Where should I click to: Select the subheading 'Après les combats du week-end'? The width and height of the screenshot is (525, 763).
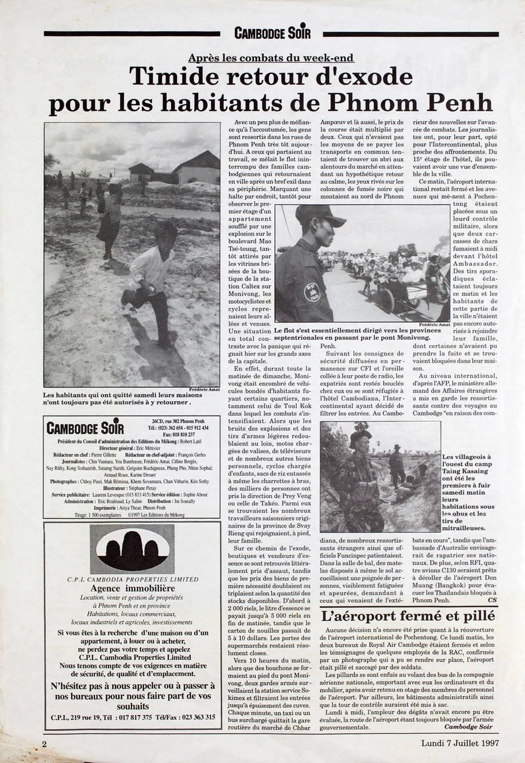271,58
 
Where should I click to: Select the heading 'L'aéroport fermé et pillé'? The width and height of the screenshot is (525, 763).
407,615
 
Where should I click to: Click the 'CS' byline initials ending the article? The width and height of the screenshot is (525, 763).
492,599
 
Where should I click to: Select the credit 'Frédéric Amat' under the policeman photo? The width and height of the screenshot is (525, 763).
434,325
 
